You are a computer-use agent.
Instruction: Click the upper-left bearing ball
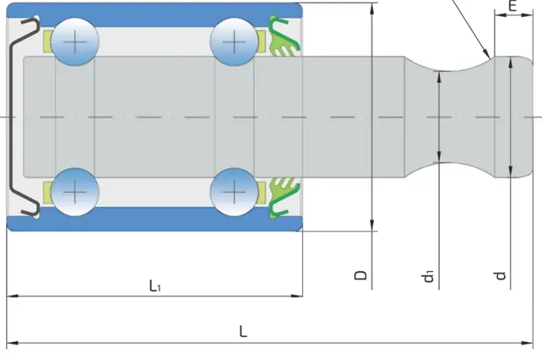click(75, 42)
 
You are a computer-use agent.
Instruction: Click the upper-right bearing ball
click(235, 42)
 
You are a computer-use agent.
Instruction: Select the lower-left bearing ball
click(75, 192)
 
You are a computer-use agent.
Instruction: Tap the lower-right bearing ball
click(235, 192)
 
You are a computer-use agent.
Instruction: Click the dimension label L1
click(155, 286)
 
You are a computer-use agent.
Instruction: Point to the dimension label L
click(243, 331)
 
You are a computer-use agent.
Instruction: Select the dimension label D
click(361, 275)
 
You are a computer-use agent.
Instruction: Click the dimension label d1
click(427, 276)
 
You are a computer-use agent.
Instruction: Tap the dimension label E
click(513, 6)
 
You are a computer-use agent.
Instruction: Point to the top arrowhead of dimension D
click(372, 9)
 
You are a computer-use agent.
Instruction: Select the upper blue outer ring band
click(155, 14)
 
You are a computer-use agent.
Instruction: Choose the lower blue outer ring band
click(155, 220)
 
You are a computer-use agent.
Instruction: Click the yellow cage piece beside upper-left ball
click(47, 42)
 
